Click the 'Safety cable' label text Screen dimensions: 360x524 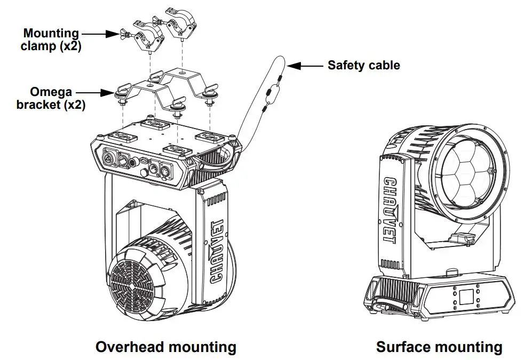click(x=363, y=66)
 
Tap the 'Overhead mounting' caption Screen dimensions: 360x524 click(x=165, y=347)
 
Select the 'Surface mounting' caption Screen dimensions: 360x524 click(x=439, y=347)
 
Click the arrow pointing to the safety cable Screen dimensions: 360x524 click(x=304, y=66)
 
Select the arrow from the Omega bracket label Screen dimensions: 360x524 click(x=101, y=93)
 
